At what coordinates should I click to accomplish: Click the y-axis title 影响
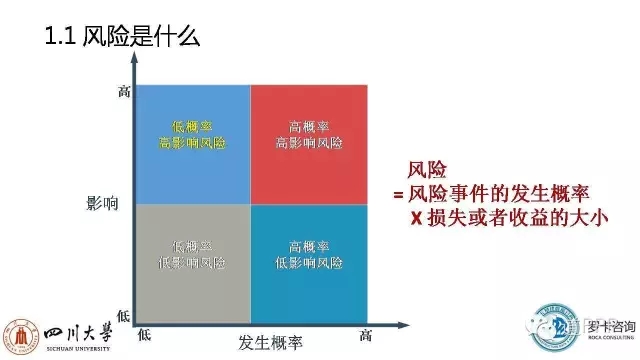point(104,204)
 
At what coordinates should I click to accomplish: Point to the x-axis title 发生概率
point(270,340)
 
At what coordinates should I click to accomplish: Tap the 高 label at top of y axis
point(124,92)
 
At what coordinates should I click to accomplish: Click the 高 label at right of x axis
point(367,333)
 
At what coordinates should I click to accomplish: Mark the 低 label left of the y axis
point(124,315)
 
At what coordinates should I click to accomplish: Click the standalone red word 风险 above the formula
point(427,171)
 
